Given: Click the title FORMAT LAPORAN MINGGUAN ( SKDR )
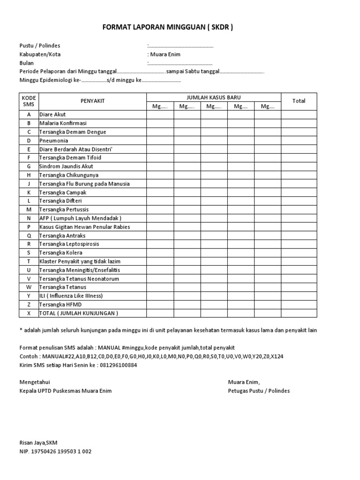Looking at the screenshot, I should pyautogui.click(x=167, y=28).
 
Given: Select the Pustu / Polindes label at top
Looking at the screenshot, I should pyautogui.click(x=40, y=45).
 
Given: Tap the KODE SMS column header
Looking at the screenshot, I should pyautogui.click(x=29, y=101).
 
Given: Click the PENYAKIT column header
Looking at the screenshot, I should pyautogui.click(x=92, y=101).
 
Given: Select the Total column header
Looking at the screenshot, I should pyautogui.click(x=299, y=101).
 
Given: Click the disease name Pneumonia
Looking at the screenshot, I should pyautogui.click(x=53, y=141).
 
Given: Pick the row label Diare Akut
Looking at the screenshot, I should pyautogui.click(x=52, y=114).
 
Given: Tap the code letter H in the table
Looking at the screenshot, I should pyautogui.click(x=29, y=175).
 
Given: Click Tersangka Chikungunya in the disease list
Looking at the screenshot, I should pyautogui.click(x=68, y=175).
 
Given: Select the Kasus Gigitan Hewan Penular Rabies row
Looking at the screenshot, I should pyautogui.click(x=84, y=227).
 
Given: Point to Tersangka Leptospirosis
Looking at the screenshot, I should pyautogui.click(x=69, y=244).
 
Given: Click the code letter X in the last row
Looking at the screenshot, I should pyautogui.click(x=29, y=313).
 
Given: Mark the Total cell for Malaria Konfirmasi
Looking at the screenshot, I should pyautogui.click(x=299, y=123).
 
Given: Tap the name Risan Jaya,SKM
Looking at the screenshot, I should pyautogui.click(x=38, y=442).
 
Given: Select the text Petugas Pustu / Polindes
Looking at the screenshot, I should pyautogui.click(x=259, y=391).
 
